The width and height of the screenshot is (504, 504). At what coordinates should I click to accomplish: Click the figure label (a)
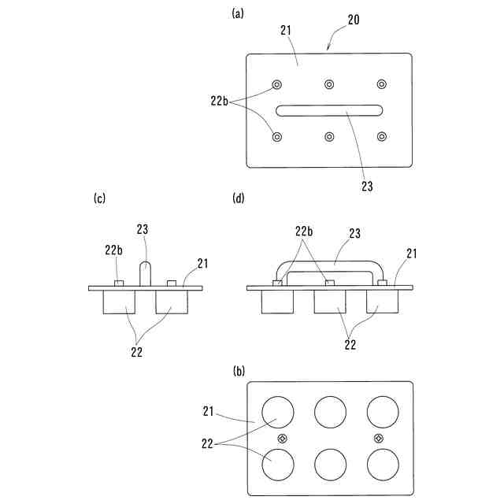237,13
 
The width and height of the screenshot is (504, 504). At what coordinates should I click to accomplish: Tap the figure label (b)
237,369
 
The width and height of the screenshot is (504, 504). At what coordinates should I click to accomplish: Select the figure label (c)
99,198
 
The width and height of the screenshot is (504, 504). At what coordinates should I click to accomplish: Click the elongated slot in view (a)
329,111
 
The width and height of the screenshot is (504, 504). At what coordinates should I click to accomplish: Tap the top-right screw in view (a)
382,84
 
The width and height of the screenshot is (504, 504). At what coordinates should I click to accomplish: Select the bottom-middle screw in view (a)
329,137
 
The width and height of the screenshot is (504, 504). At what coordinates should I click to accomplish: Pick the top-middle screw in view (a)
329,84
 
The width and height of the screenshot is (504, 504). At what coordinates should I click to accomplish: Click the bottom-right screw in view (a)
382,137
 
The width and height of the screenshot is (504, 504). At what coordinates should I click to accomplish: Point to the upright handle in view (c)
146,273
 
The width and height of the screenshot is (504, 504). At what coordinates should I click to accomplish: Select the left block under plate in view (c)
120,303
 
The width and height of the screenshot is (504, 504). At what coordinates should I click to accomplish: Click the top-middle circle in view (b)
330,411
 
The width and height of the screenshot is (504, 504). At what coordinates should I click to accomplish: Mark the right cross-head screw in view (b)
379,438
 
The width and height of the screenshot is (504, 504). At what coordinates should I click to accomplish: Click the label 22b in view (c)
113,250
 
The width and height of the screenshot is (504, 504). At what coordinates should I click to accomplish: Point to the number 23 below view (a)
368,186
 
